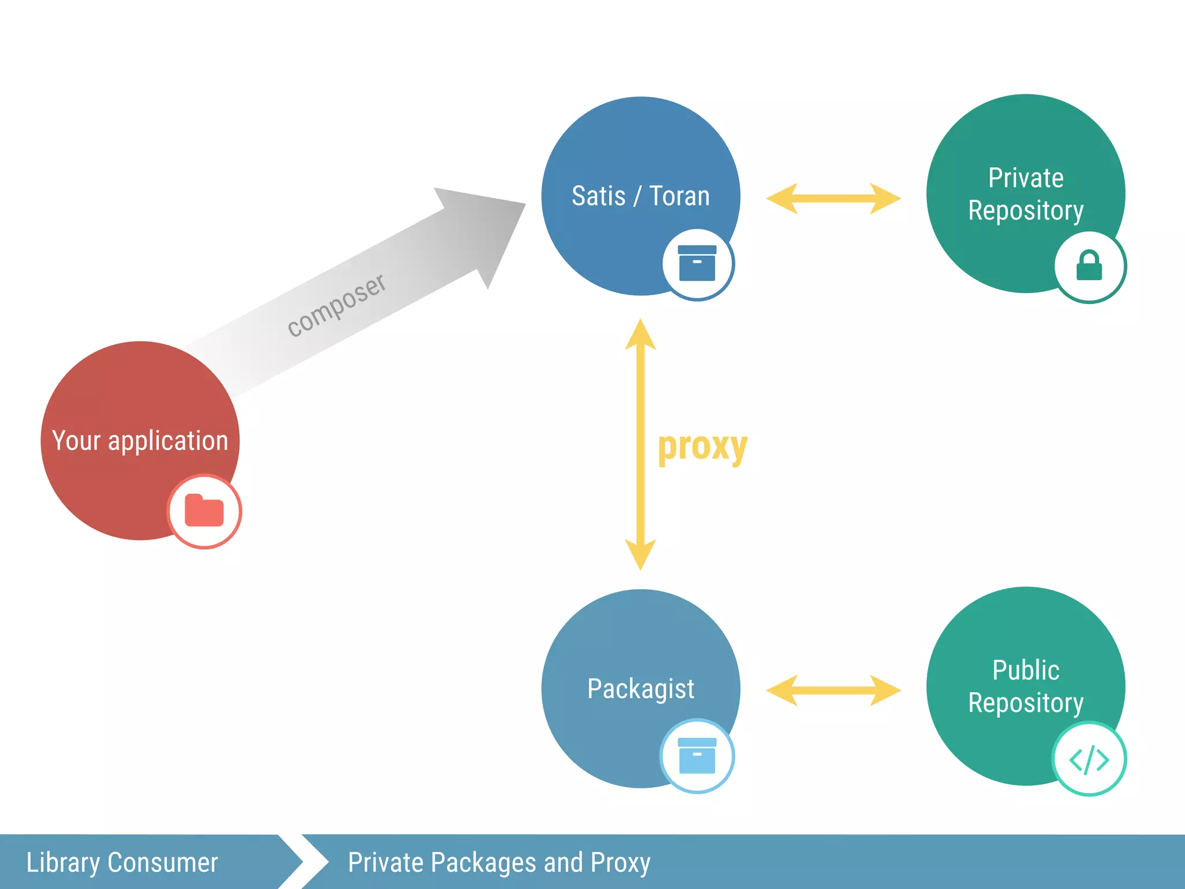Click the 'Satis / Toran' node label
pyautogui.click(x=641, y=196)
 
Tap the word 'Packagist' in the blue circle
pyautogui.click(x=641, y=688)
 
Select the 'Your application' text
pyautogui.click(x=140, y=440)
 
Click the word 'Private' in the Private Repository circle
pyautogui.click(x=1025, y=178)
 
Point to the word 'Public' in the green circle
pyautogui.click(x=1025, y=670)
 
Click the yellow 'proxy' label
pyautogui.click(x=702, y=446)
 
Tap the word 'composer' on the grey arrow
pyautogui.click(x=336, y=305)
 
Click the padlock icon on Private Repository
pyautogui.click(x=1089, y=266)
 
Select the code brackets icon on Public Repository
pyautogui.click(x=1089, y=759)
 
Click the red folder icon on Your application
pyautogui.click(x=204, y=511)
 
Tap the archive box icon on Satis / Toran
pyautogui.click(x=697, y=263)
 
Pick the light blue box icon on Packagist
pyautogui.click(x=697, y=756)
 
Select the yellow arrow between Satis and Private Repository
pyautogui.click(x=833, y=199)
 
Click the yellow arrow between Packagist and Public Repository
pyautogui.click(x=833, y=690)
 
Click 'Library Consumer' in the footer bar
pyautogui.click(x=122, y=862)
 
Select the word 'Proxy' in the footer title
pyautogui.click(x=620, y=862)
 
